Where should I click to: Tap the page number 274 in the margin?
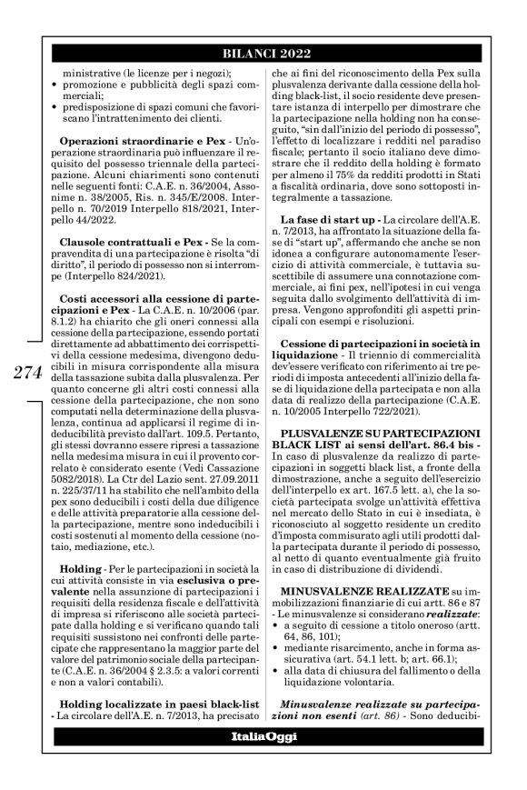pos(27,375)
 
